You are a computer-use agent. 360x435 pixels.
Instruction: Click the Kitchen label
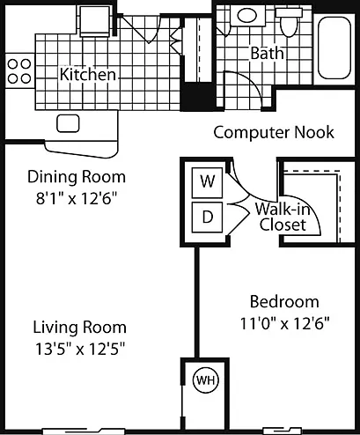pyautogui.click(x=88, y=74)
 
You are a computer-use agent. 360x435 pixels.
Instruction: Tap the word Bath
pyautogui.click(x=268, y=53)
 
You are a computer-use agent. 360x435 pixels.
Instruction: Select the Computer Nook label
pyautogui.click(x=274, y=132)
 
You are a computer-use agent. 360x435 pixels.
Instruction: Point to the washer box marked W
pyautogui.click(x=207, y=182)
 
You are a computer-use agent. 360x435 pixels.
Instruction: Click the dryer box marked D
pyautogui.click(x=207, y=217)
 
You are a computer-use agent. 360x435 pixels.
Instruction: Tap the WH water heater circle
pyautogui.click(x=206, y=380)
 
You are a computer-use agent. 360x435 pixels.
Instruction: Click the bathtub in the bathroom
pyautogui.click(x=334, y=48)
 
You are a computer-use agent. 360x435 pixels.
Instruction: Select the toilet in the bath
pyautogui.click(x=289, y=22)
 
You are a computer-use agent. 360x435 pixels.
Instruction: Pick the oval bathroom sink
pyautogui.click(x=246, y=15)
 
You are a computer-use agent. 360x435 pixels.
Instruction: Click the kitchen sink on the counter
pyautogui.click(x=68, y=123)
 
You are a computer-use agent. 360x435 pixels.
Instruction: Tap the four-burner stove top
pyautogui.click(x=19, y=70)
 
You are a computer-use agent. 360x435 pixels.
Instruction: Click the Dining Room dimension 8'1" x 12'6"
pyautogui.click(x=77, y=199)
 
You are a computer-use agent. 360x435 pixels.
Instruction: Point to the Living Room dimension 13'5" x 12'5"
pyautogui.click(x=80, y=350)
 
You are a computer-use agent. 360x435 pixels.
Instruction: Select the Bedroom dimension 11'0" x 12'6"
pyautogui.click(x=285, y=324)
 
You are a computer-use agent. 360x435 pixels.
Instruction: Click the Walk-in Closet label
pyautogui.click(x=283, y=217)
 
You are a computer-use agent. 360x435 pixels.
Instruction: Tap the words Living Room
pyautogui.click(x=80, y=328)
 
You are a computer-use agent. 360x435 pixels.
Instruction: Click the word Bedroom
pyautogui.click(x=284, y=302)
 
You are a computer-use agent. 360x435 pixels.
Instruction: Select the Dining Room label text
pyautogui.click(x=77, y=177)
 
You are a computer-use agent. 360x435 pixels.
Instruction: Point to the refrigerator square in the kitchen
pyautogui.click(x=95, y=21)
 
